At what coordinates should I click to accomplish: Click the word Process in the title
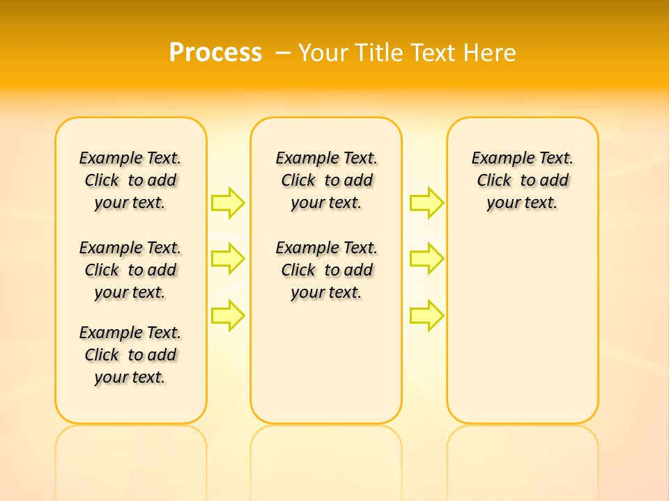[215, 53]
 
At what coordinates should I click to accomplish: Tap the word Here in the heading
[489, 53]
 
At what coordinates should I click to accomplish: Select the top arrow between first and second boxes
[228, 202]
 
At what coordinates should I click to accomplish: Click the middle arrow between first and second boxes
[228, 259]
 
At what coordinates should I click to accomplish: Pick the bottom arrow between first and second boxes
[228, 316]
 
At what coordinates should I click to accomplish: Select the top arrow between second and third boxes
[426, 202]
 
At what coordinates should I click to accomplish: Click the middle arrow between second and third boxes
[426, 259]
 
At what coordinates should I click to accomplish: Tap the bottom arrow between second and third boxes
[426, 316]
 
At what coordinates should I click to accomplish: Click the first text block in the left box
[130, 180]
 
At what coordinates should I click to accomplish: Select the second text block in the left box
[130, 270]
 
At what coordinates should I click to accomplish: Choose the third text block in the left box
[130, 355]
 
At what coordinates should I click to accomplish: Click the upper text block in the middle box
[326, 180]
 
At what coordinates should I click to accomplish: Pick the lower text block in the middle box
[326, 270]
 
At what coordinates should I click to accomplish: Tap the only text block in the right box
[523, 180]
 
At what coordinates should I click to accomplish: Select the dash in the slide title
[283, 53]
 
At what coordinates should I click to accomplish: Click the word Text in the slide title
[435, 53]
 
